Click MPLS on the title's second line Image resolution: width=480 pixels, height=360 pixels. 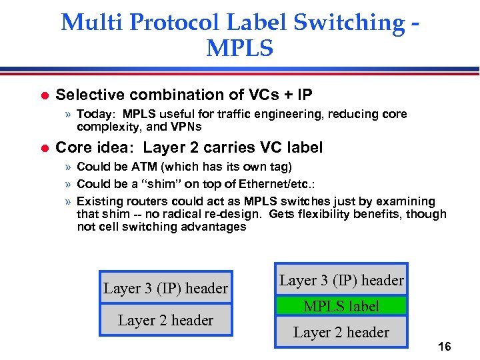pyautogui.click(x=240, y=48)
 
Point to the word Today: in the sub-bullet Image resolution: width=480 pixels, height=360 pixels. pyautogui.click(x=98, y=114)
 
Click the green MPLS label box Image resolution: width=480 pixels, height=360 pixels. pyautogui.click(x=341, y=306)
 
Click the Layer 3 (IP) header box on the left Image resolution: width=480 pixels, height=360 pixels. pyautogui.click(x=165, y=288)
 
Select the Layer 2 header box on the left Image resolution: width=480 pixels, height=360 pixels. pyautogui.click(x=165, y=320)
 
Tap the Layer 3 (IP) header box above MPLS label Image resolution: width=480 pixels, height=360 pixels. pyautogui.click(x=341, y=280)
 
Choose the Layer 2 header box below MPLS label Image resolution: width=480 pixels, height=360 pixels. pyautogui.click(x=341, y=331)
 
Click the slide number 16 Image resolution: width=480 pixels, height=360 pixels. pyautogui.click(x=444, y=347)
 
